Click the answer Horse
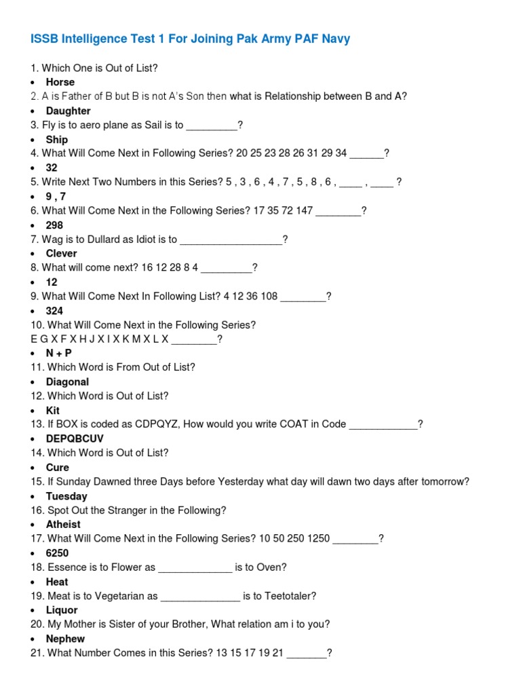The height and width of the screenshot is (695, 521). coord(60,82)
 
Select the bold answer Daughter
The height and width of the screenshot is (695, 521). coord(68,111)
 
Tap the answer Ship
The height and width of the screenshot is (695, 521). coord(57,139)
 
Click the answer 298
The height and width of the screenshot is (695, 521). coord(54,225)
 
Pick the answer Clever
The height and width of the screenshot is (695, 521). coord(62,253)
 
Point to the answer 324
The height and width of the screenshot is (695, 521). coord(54,311)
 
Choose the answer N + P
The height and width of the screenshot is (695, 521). coord(59,353)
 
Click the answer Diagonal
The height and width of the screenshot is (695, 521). coord(67,381)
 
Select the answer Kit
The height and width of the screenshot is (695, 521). coord(53,410)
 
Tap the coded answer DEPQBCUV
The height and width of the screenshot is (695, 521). coord(75,438)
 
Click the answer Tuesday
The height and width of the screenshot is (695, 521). coord(66,496)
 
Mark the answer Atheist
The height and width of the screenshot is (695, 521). coord(63,524)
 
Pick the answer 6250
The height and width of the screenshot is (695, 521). coord(57,553)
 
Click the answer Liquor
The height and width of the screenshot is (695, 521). coord(62,610)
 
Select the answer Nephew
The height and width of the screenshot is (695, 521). coord(65,639)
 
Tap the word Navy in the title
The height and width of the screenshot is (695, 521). coord(336,39)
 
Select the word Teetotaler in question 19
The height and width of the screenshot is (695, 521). coord(286,596)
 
